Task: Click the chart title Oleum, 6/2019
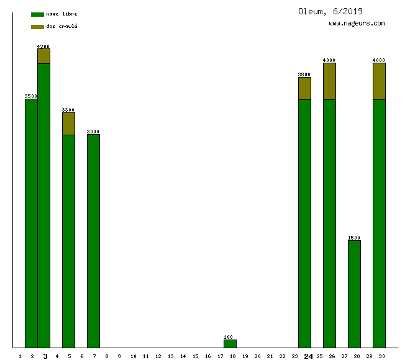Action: point(330,11)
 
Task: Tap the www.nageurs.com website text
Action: point(357,24)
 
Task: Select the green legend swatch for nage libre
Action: point(37,14)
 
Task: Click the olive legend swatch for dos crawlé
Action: point(37,27)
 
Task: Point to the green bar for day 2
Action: point(31,223)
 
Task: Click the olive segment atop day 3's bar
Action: point(43,56)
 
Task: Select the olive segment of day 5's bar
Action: point(68,124)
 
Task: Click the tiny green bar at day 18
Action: point(230,343)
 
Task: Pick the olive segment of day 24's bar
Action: point(304,88)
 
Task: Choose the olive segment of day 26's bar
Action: point(329,81)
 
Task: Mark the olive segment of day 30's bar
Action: point(379,81)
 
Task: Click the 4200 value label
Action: point(43,47)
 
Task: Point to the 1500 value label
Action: point(354,238)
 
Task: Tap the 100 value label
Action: point(229,337)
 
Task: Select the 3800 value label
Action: point(304,74)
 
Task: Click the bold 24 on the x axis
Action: point(308,356)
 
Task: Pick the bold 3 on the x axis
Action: point(45,356)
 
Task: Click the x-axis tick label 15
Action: point(195,356)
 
